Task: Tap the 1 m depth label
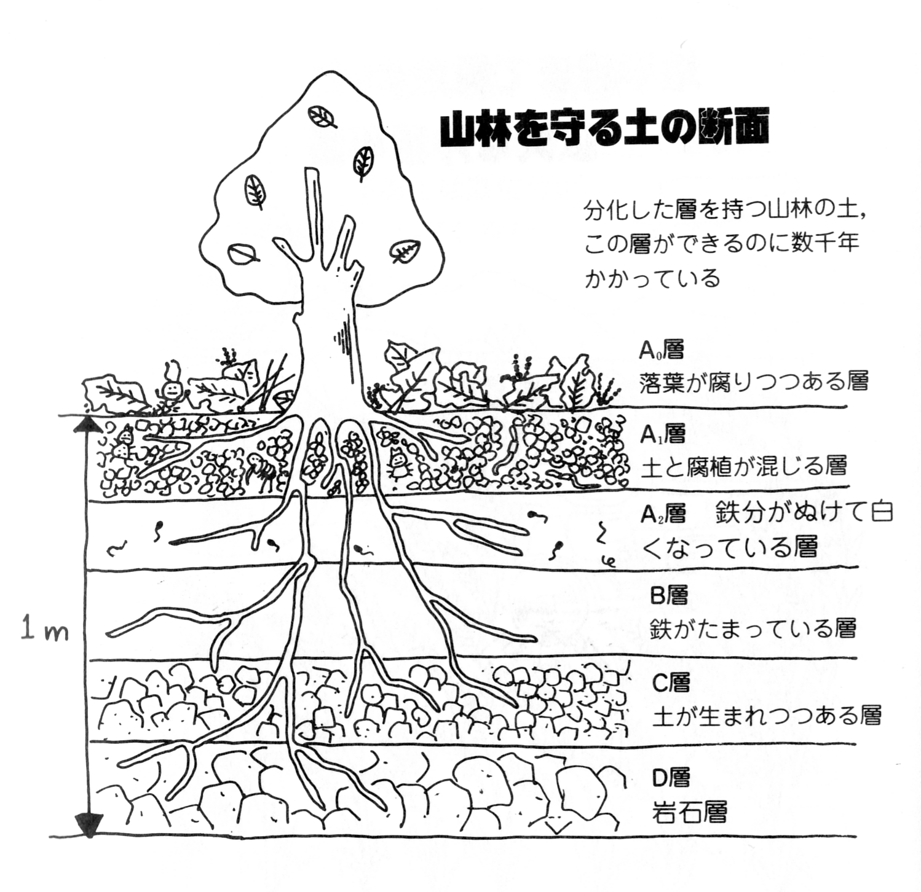click(x=44, y=630)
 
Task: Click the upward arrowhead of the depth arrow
click(x=89, y=424)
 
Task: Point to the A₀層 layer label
click(x=662, y=350)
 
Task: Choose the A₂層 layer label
click(x=663, y=513)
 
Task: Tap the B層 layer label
click(x=669, y=595)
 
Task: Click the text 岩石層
click(x=689, y=812)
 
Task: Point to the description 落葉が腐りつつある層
click(x=754, y=381)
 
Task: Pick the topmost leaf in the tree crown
click(x=322, y=116)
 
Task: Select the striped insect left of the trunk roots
click(x=263, y=472)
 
